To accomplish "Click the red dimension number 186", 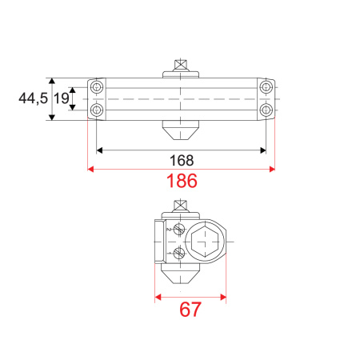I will pos(182,182).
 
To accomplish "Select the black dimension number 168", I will pos(181,160).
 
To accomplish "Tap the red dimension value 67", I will pos(190,309).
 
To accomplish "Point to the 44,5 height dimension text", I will pos(33,98).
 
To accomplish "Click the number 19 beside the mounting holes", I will pos(61,98).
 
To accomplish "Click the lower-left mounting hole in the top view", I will pos(97,110).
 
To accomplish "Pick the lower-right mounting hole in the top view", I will pos(266,110).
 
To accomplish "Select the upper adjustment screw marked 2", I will pos(179,230).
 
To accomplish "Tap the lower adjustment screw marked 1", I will pos(179,254).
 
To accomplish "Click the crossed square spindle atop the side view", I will pos(181,206).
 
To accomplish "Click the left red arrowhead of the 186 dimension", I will pos(90,169).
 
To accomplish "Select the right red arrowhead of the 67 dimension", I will pos(223,296).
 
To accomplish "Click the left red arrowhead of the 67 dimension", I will pos(156,296).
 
